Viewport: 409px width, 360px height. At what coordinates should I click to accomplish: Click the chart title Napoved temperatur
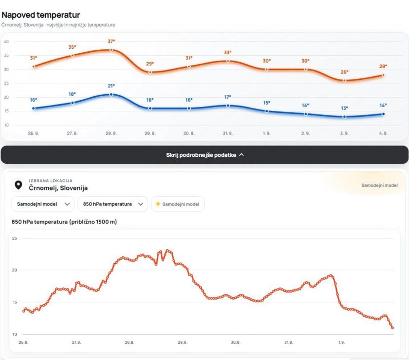(x=40, y=15)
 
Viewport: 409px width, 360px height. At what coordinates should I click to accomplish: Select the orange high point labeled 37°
(x=111, y=50)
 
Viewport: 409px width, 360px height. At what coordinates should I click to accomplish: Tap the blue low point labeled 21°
(x=111, y=94)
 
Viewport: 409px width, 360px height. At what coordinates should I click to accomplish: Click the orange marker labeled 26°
(x=344, y=80)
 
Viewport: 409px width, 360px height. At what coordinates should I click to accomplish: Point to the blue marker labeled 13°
(x=344, y=117)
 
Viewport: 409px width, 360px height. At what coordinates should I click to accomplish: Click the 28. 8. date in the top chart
(x=111, y=133)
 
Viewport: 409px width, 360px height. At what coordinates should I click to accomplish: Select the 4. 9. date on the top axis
(x=383, y=133)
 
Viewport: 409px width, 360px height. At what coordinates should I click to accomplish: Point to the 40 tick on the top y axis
(x=6, y=41)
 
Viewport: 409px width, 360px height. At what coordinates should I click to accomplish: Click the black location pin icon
(x=18, y=185)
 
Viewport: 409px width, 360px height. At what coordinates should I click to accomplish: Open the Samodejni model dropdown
(x=43, y=204)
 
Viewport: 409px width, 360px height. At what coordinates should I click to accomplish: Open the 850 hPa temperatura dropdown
(x=112, y=204)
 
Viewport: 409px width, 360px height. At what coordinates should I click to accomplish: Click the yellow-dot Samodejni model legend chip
(x=178, y=204)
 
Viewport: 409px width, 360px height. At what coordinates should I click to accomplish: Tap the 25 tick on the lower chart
(x=15, y=238)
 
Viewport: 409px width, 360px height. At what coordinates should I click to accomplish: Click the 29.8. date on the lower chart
(x=183, y=342)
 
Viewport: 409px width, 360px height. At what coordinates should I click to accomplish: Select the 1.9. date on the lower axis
(x=341, y=342)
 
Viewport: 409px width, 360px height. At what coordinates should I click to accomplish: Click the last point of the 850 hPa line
(x=393, y=328)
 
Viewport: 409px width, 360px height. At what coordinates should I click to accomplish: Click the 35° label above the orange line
(x=72, y=47)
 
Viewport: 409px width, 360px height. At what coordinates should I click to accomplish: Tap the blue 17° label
(x=228, y=97)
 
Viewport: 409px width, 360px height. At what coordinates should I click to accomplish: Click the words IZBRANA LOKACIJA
(x=51, y=180)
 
